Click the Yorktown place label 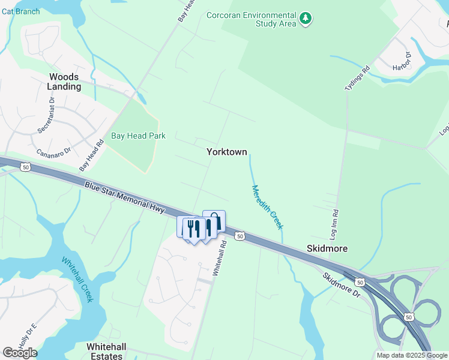tap(227, 152)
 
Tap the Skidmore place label tap(327, 248)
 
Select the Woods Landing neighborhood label tap(64, 82)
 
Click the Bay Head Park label tap(139, 136)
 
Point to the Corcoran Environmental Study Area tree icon tap(306, 19)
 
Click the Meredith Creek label tap(267, 207)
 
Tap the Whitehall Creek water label tap(77, 279)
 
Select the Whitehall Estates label tap(113, 351)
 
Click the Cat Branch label tap(20, 11)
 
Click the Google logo tap(20, 352)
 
